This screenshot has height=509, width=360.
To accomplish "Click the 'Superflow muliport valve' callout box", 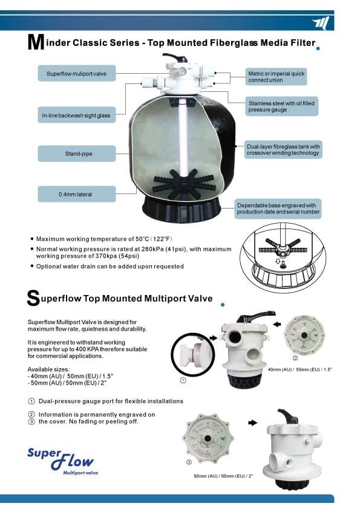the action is pyautogui.click(x=77, y=73).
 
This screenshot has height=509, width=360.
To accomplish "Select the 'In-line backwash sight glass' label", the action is pyautogui.click(x=77, y=115).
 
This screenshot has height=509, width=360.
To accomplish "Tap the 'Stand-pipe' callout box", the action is pyautogui.click(x=77, y=154).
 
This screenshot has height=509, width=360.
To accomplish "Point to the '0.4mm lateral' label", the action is pyautogui.click(x=77, y=194).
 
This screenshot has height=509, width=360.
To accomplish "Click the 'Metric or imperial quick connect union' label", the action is pyautogui.click(x=276, y=77).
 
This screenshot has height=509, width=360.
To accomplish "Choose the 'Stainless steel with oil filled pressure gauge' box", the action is pyautogui.click(x=281, y=106).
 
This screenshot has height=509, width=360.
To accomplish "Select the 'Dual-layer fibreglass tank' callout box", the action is pyautogui.click(x=283, y=150).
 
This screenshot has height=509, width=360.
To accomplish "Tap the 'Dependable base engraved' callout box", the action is pyautogui.click(x=278, y=209).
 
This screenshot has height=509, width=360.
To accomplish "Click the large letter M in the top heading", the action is pyautogui.click(x=36, y=42).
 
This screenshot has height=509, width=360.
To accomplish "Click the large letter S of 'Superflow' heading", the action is pyautogui.click(x=33, y=298).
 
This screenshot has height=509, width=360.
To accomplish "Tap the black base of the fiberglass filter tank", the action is pyautogui.click(x=182, y=210).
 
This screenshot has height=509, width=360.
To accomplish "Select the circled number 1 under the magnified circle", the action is pyautogui.click(x=183, y=380).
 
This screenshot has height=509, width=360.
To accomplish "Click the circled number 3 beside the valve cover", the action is pyautogui.click(x=189, y=462).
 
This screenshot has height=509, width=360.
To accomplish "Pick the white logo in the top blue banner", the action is pyautogui.click(x=321, y=24).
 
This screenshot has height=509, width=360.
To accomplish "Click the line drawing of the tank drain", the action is pyautogui.click(x=282, y=258).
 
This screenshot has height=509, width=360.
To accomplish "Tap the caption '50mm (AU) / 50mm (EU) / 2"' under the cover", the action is pyautogui.click(x=223, y=476).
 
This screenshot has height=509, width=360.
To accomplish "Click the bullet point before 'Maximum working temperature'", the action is pyautogui.click(x=32, y=239).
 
